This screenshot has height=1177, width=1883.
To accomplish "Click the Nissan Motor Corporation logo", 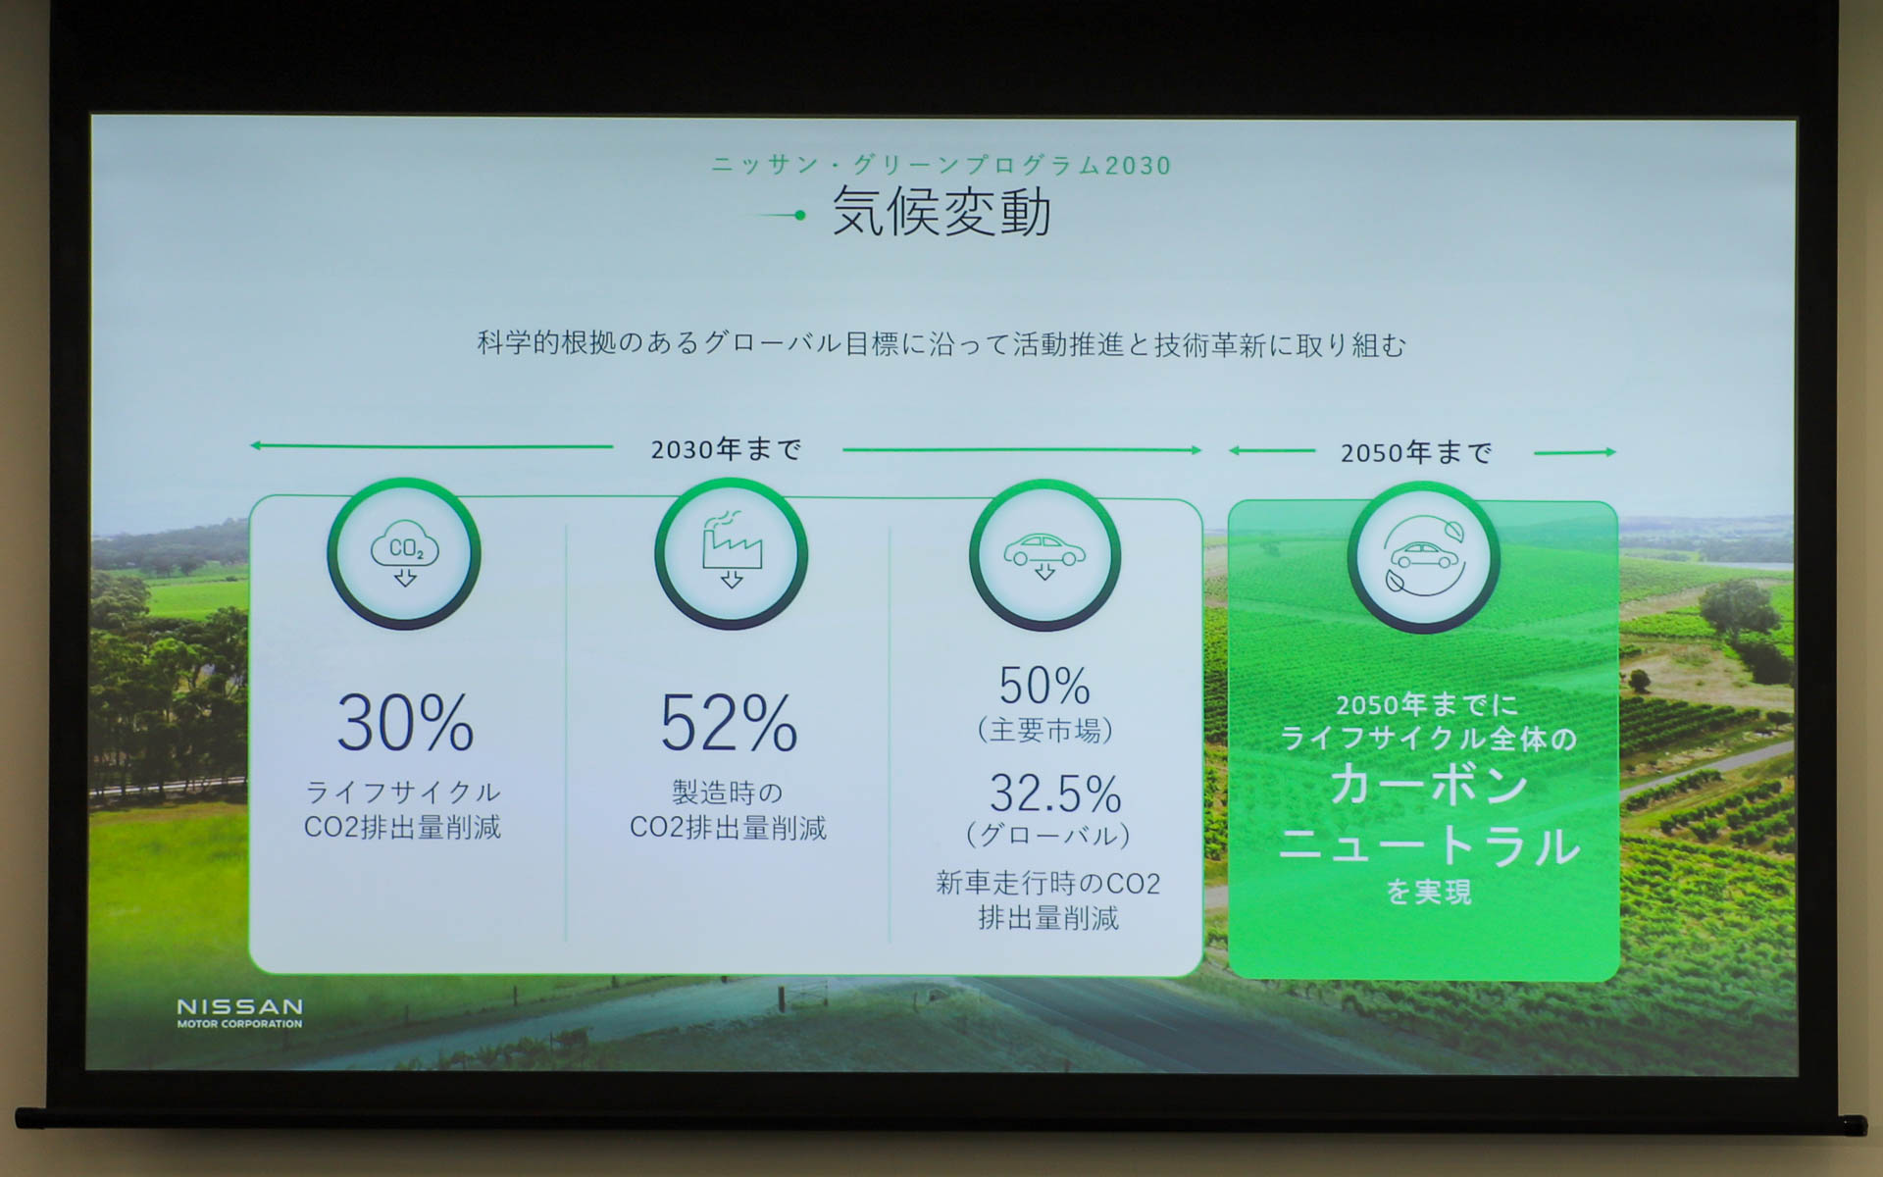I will pyautogui.click(x=239, y=1012).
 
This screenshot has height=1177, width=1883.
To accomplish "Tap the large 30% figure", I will pyautogui.click(x=405, y=724).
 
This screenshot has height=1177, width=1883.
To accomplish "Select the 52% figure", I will pyautogui.click(x=729, y=724).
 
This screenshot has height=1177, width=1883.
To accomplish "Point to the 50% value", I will pyautogui.click(x=1044, y=686).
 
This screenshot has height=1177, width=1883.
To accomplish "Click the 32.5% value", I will pyautogui.click(x=1055, y=793).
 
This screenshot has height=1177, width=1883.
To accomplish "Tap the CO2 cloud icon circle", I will pyautogui.click(x=404, y=554).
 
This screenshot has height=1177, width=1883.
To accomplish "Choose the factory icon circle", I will pyautogui.click(x=731, y=554).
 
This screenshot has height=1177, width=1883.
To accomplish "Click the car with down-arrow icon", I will pyautogui.click(x=1044, y=555).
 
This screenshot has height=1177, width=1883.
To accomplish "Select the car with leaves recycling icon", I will pyautogui.click(x=1423, y=557).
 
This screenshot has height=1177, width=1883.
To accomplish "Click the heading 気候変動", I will pyautogui.click(x=941, y=212).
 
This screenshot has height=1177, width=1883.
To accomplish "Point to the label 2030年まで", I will pyautogui.click(x=727, y=449).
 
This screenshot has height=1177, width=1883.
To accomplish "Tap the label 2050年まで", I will pyautogui.click(x=1416, y=452).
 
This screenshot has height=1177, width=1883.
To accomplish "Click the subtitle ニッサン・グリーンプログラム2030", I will pyautogui.click(x=941, y=165).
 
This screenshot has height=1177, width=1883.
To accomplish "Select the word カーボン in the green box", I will pyautogui.click(x=1429, y=786).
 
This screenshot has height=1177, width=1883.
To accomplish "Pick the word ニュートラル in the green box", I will pyautogui.click(x=1429, y=845).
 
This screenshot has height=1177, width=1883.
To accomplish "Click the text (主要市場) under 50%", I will pyautogui.click(x=1045, y=730).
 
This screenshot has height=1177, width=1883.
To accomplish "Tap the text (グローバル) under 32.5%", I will pyautogui.click(x=1048, y=836).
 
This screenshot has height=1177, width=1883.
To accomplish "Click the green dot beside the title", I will pyautogui.click(x=800, y=215).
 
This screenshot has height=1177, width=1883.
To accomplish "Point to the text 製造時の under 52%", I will pyautogui.click(x=728, y=792).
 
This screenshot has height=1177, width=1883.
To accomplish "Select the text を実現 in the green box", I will pyautogui.click(x=1429, y=892).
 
